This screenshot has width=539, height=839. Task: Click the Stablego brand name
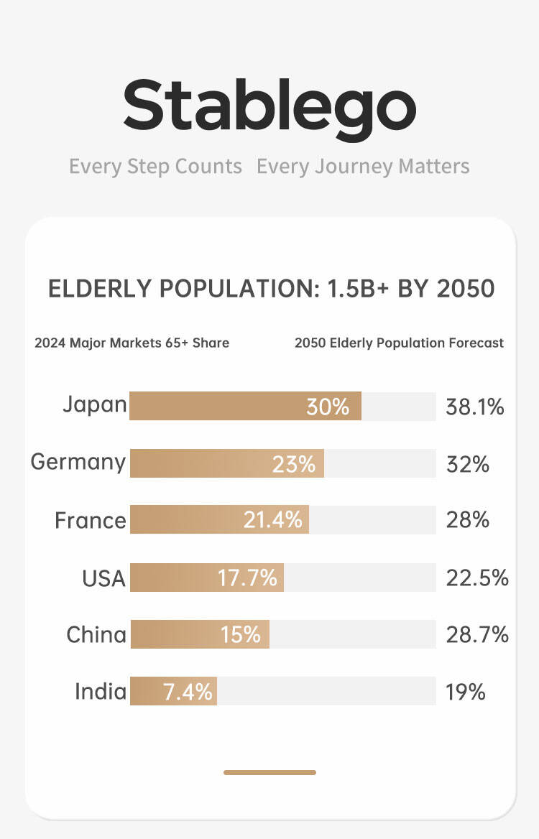point(269,106)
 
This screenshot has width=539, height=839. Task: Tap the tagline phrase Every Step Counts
point(155,167)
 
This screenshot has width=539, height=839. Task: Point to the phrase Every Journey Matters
point(363,167)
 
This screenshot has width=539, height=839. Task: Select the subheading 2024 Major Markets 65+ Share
point(132,343)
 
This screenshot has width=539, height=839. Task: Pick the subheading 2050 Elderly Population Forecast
point(399,343)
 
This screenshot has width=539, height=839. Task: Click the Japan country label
point(95,405)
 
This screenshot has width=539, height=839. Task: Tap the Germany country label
point(78,462)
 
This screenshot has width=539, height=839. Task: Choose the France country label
point(91,520)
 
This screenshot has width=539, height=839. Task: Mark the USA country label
point(103,578)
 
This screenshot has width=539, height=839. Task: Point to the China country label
point(96,635)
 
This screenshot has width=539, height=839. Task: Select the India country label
point(101,692)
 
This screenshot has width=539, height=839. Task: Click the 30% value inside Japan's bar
point(328,407)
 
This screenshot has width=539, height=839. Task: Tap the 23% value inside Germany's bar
point(294,464)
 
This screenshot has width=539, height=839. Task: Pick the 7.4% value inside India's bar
point(188,692)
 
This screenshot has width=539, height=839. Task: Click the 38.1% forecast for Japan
point(475,407)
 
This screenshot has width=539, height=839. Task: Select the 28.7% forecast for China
point(477,635)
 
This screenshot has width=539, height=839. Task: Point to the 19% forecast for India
point(466,692)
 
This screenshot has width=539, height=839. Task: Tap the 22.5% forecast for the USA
point(477,578)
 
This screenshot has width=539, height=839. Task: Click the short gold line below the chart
point(269,772)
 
